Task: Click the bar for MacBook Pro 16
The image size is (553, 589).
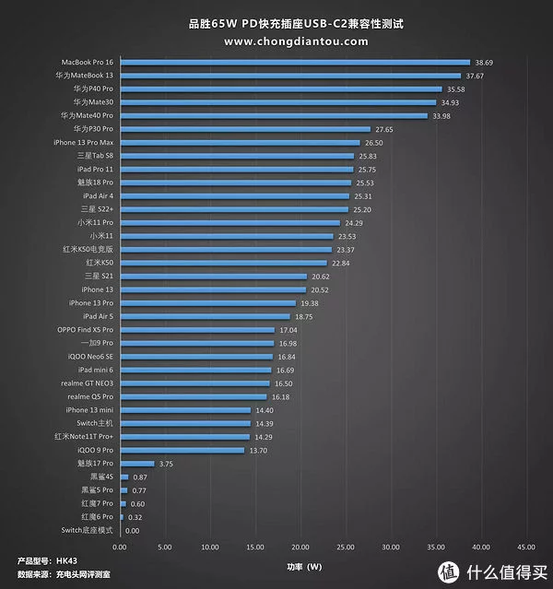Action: (x=295, y=63)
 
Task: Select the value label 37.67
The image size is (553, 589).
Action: (x=475, y=76)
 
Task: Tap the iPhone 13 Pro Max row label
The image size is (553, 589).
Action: (x=83, y=143)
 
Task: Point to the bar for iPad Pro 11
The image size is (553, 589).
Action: (x=236, y=170)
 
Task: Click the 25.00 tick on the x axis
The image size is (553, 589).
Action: (x=346, y=547)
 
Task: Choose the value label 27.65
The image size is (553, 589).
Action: (x=384, y=129)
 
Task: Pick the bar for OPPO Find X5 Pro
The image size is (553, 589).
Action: (x=197, y=329)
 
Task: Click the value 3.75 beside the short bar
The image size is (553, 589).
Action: (x=166, y=463)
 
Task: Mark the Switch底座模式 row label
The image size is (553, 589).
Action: (x=87, y=530)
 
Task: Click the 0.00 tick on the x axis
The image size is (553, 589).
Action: (x=120, y=547)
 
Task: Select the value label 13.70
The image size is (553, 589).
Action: (x=258, y=450)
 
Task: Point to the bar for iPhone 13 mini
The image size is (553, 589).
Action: (x=185, y=409)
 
